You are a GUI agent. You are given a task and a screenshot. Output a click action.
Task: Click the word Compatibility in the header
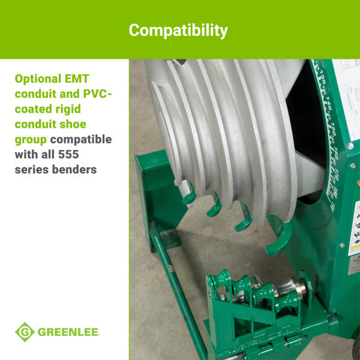178,29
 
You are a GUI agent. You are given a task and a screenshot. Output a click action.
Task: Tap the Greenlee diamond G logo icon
25,332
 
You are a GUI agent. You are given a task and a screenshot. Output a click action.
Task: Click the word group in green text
31,140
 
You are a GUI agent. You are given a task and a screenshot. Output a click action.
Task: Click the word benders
74,170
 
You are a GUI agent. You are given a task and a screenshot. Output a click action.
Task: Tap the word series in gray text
31,170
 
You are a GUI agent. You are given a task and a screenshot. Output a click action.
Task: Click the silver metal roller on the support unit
293,287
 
